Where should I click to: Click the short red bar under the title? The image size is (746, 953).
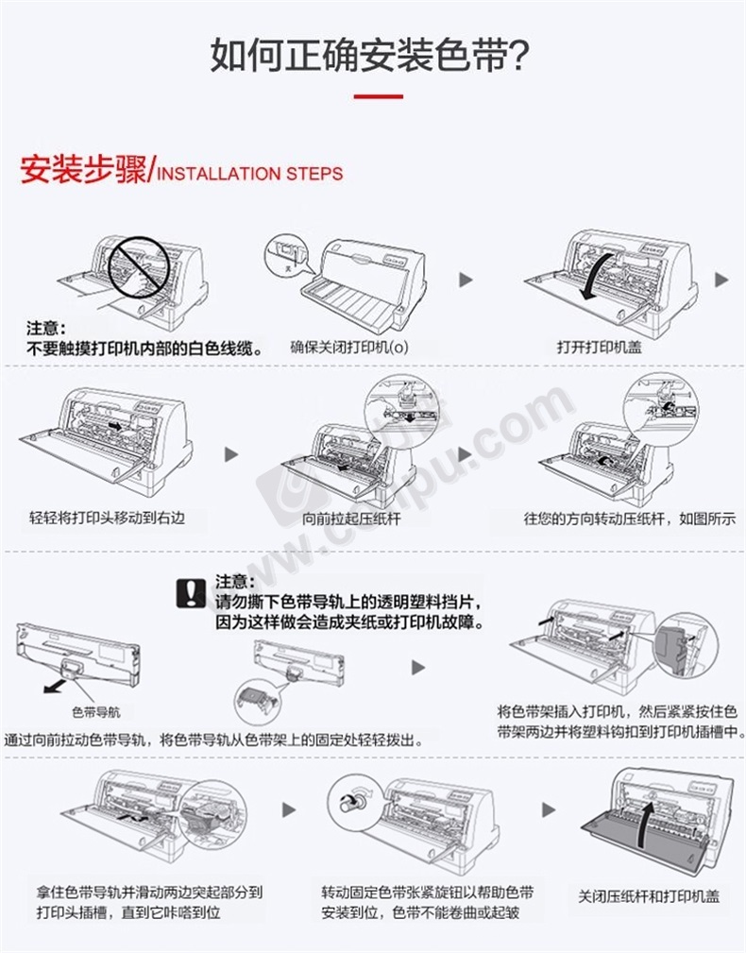point(378,96)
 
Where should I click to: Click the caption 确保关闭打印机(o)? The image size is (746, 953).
point(349,347)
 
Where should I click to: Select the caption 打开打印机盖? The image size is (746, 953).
point(599,347)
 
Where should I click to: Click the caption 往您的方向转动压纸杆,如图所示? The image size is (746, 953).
point(631,519)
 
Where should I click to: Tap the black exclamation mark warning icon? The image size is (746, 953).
point(192,591)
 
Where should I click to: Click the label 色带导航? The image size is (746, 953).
point(95,710)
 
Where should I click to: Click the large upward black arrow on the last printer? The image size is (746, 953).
point(646,822)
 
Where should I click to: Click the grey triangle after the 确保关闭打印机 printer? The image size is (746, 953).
point(464,281)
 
